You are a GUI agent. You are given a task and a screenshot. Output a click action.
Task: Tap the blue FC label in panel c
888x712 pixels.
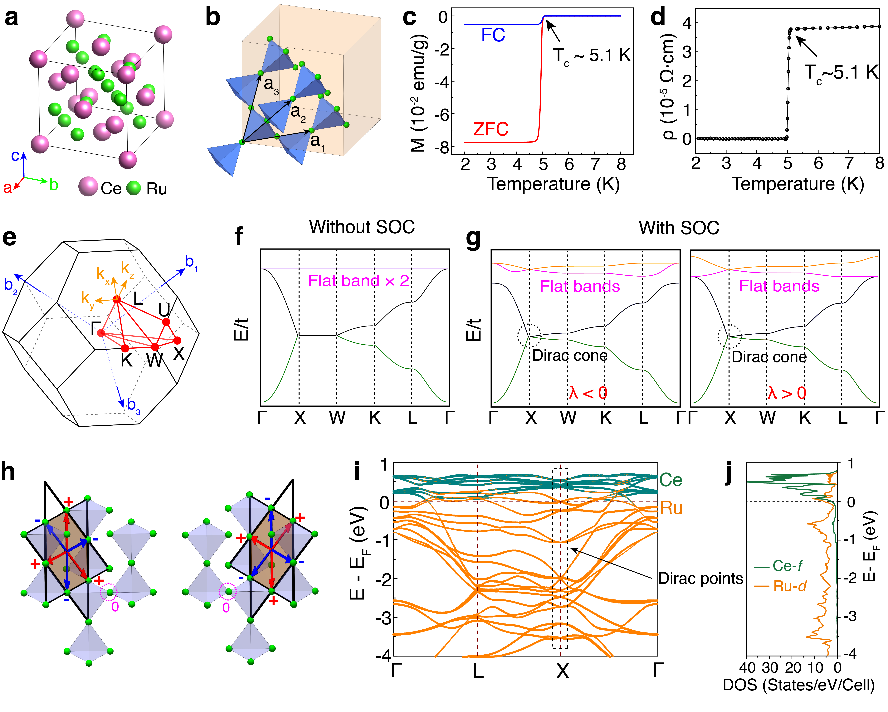click(x=493, y=35)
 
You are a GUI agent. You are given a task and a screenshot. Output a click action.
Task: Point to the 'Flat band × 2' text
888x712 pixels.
click(x=358, y=281)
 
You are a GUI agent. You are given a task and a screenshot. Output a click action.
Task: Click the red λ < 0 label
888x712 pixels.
click(x=588, y=393)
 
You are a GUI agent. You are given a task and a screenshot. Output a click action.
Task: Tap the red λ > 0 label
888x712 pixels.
click(x=787, y=393)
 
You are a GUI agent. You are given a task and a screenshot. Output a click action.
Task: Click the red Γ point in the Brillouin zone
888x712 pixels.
click(x=101, y=332)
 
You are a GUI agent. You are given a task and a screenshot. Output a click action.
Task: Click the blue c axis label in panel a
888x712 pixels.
click(x=15, y=156)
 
